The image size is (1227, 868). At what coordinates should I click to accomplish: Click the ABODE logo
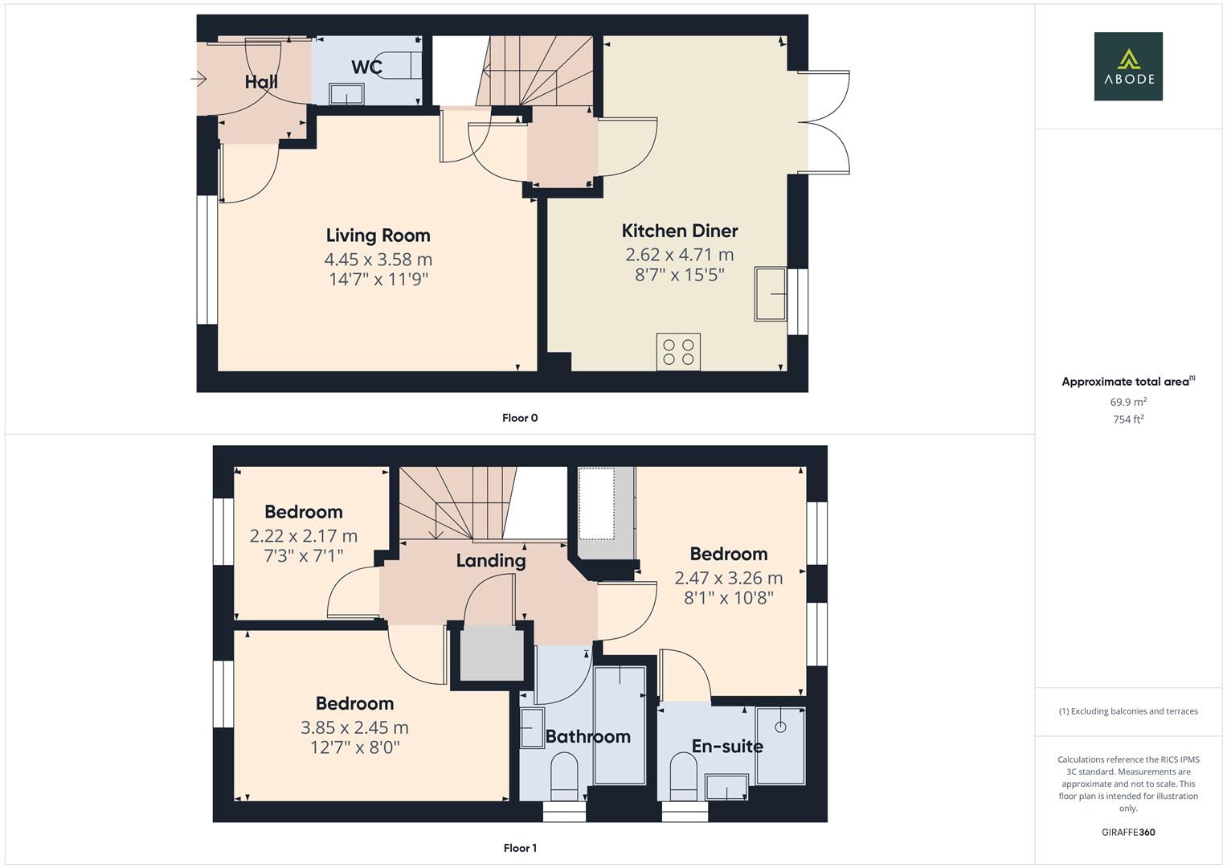click(1128, 67)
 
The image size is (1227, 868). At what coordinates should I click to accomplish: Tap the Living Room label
click(378, 235)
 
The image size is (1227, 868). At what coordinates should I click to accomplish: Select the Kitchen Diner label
click(680, 231)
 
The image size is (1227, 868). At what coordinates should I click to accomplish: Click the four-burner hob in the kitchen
click(678, 352)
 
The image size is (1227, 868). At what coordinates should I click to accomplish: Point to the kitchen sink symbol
click(771, 294)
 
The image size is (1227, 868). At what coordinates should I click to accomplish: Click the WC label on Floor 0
click(366, 68)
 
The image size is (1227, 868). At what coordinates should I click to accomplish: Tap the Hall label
click(261, 82)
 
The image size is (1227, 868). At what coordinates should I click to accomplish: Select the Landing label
click(491, 561)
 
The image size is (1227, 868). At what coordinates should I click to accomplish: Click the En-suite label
click(727, 747)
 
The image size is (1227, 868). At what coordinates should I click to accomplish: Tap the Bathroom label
click(587, 737)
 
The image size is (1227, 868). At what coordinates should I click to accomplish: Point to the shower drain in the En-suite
click(779, 727)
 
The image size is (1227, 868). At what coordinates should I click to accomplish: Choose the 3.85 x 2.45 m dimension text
click(354, 728)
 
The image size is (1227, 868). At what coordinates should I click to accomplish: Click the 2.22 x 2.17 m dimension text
click(304, 536)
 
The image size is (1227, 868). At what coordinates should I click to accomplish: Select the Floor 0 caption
click(520, 418)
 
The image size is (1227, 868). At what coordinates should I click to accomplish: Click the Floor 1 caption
click(520, 848)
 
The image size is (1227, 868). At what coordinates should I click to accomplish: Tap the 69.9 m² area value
click(1128, 402)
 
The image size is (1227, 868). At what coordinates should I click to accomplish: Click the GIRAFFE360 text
click(1128, 833)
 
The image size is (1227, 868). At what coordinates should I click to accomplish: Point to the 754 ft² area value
click(1128, 420)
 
